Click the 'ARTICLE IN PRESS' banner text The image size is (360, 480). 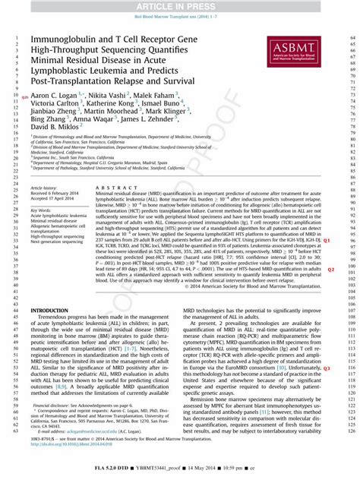coord(180,5)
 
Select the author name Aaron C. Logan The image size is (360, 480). coord(55,96)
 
